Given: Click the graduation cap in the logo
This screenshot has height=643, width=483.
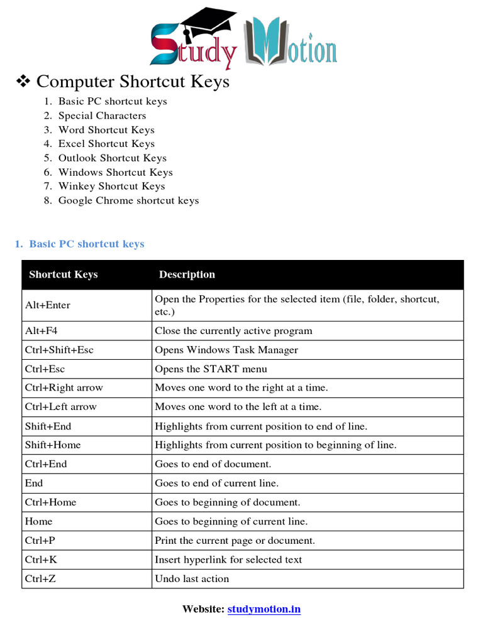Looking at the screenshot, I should click(203, 23).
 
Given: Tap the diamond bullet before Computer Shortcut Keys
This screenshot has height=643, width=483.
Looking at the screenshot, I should click(23, 81).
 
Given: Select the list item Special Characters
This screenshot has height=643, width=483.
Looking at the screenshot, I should click(102, 116).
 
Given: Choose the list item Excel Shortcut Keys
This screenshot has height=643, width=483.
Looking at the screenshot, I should click(106, 144).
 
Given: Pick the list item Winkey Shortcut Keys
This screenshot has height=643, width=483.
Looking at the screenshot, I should click(111, 186).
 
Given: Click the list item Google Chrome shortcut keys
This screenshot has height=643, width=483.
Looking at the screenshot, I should click(128, 200).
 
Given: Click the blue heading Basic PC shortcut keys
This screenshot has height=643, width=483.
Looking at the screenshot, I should click(86, 244).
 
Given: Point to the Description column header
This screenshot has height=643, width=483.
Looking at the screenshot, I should click(187, 274).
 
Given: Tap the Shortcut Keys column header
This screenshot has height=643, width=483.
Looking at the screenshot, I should click(64, 274).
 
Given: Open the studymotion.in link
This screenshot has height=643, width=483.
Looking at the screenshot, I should click(264, 609).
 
